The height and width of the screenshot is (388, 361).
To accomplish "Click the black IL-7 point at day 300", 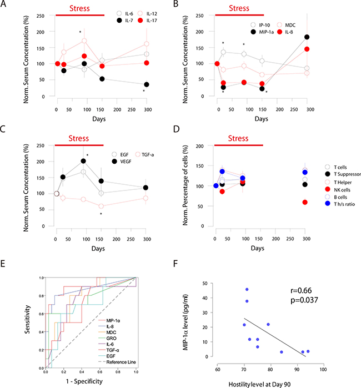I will pyautogui.click(x=146, y=84).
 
